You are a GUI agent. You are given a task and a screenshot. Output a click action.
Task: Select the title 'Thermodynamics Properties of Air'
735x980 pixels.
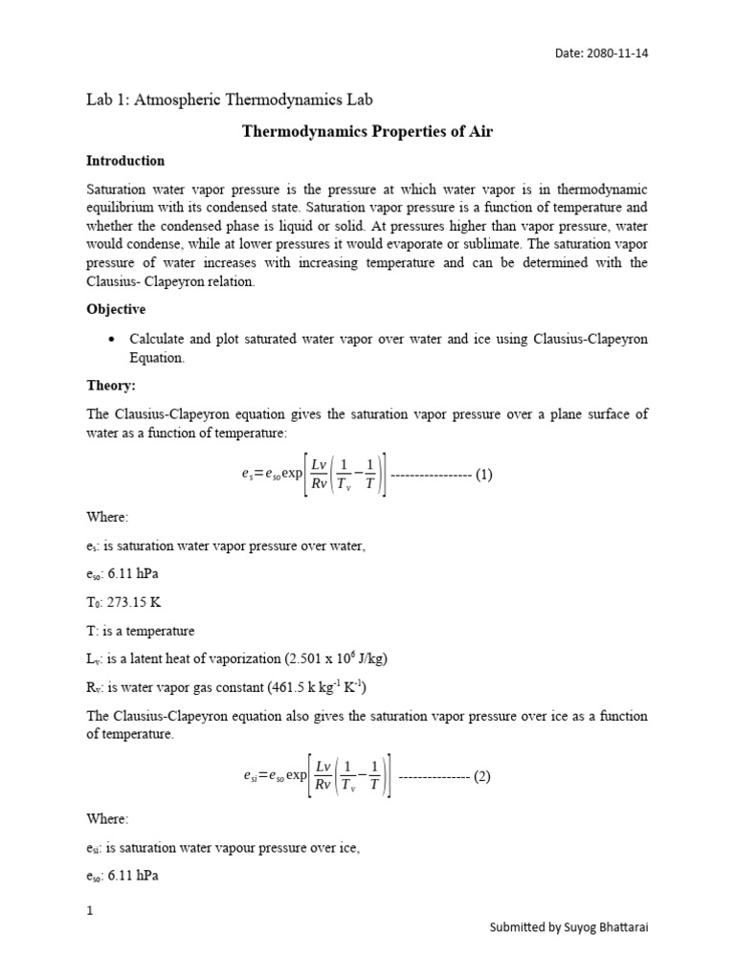tap(367, 131)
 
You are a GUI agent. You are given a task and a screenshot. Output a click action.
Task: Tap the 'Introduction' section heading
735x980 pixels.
tap(125, 161)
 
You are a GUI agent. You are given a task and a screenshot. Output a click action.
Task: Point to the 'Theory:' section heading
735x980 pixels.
tap(112, 386)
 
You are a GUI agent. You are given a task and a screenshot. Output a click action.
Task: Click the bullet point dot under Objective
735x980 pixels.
tap(113, 340)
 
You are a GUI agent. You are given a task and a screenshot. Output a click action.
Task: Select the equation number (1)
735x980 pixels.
tap(483, 475)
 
